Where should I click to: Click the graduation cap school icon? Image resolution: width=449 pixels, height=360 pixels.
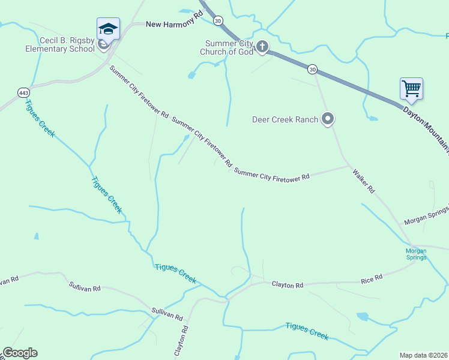pos(109,29)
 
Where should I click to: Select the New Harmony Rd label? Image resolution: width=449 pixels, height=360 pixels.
pos(171,24)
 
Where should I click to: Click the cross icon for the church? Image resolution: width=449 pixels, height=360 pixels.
pos(262,46)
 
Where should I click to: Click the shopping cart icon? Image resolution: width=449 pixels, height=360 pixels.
pos(411,89)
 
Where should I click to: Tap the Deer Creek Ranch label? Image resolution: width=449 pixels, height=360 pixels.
pos(285,119)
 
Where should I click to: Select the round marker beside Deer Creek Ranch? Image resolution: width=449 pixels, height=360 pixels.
pos(327,119)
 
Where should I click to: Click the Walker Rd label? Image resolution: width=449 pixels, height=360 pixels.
pos(364,181)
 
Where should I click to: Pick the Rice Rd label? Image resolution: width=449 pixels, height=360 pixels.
pos(372,279)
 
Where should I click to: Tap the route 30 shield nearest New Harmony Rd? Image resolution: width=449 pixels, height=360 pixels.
pos(218,20)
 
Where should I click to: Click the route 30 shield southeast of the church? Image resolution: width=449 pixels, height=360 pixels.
pos(312,70)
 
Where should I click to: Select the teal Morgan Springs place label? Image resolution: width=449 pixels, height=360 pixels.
pos(416,254)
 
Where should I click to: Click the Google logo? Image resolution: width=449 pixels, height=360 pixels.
pos(20,353)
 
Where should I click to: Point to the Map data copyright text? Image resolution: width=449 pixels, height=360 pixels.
pos(424,355)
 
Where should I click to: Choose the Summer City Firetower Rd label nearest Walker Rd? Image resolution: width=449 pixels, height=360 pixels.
pos(272,175)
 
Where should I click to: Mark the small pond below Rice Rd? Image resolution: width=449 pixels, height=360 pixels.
pos(362,316)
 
